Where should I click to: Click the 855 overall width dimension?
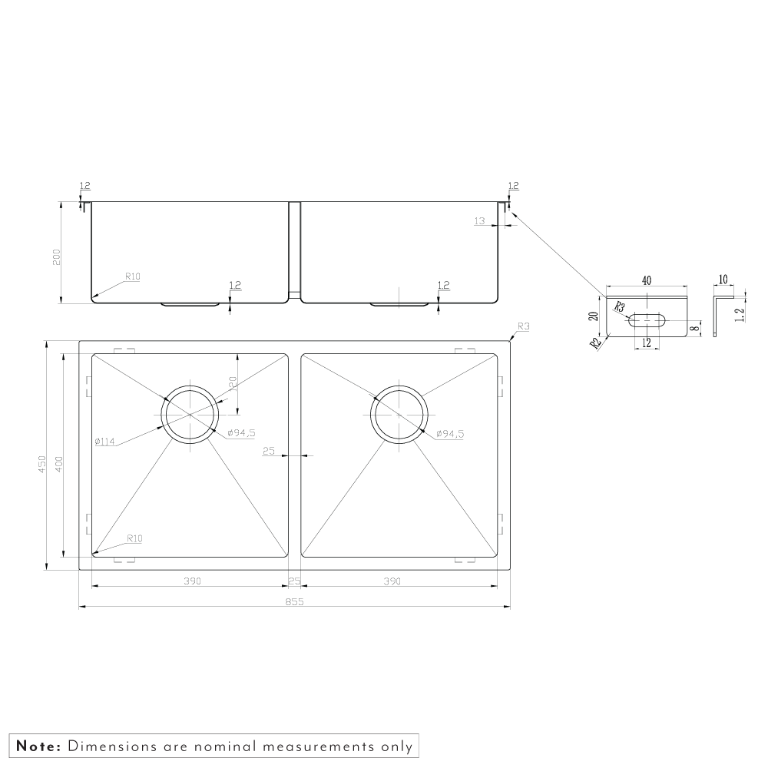[x=294, y=601]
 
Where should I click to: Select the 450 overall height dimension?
[x=42, y=465]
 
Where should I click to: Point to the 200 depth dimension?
[x=56, y=257]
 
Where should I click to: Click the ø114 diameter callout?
[x=104, y=442]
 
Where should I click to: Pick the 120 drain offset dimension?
[x=233, y=384]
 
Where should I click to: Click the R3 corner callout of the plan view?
[x=524, y=326]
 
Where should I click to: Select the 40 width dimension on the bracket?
[x=647, y=280]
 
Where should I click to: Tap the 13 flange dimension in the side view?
[x=479, y=221]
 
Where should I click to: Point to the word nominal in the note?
[x=225, y=746]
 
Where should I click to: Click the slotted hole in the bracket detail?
[x=647, y=321]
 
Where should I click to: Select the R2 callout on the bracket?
[x=596, y=343]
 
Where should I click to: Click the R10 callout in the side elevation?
[x=133, y=276]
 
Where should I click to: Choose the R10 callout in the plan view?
[x=134, y=539]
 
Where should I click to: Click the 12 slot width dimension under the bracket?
[x=647, y=343]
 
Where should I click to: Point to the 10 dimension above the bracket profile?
[x=723, y=280]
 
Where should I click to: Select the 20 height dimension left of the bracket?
[x=594, y=316]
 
